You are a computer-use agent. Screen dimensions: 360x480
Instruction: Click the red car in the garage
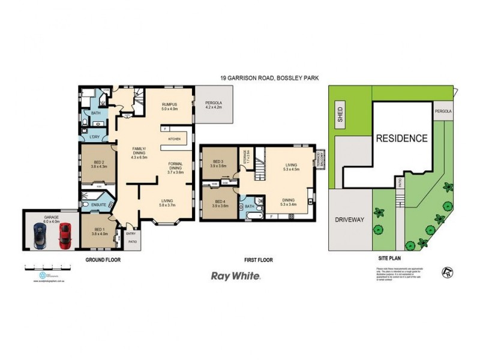click(65, 236)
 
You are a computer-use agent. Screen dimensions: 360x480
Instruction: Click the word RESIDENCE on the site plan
click(401, 138)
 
